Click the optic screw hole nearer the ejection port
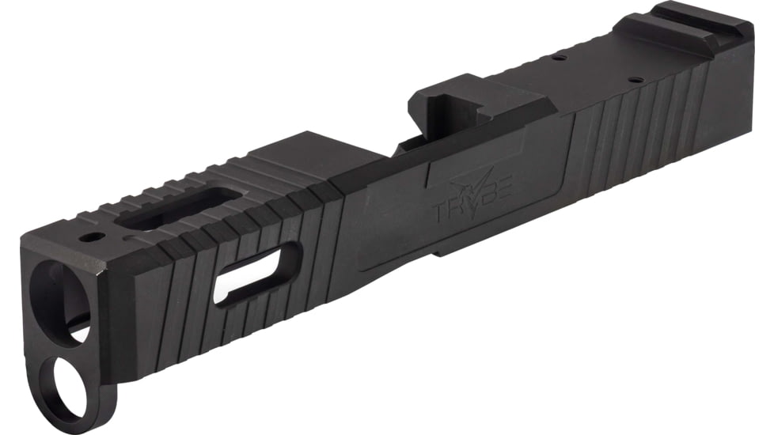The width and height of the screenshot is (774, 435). point(560,57)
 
